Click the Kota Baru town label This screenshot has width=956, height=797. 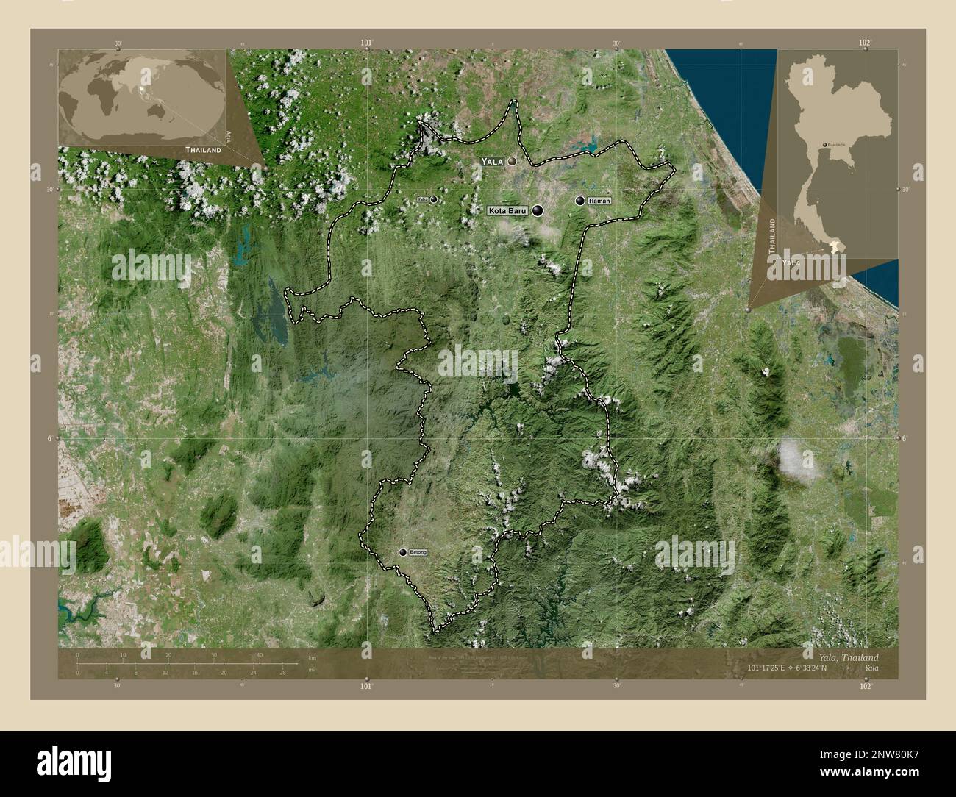[507, 211]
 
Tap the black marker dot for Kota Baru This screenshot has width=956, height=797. [539, 211]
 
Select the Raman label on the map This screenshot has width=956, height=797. [600, 201]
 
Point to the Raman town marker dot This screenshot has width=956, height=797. [581, 200]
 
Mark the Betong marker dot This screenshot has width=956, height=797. [403, 552]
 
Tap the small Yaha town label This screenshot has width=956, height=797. [422, 199]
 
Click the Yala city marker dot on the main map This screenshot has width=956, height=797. [510, 160]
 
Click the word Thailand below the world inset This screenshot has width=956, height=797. [203, 149]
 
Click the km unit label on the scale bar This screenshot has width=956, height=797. [313, 657]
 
